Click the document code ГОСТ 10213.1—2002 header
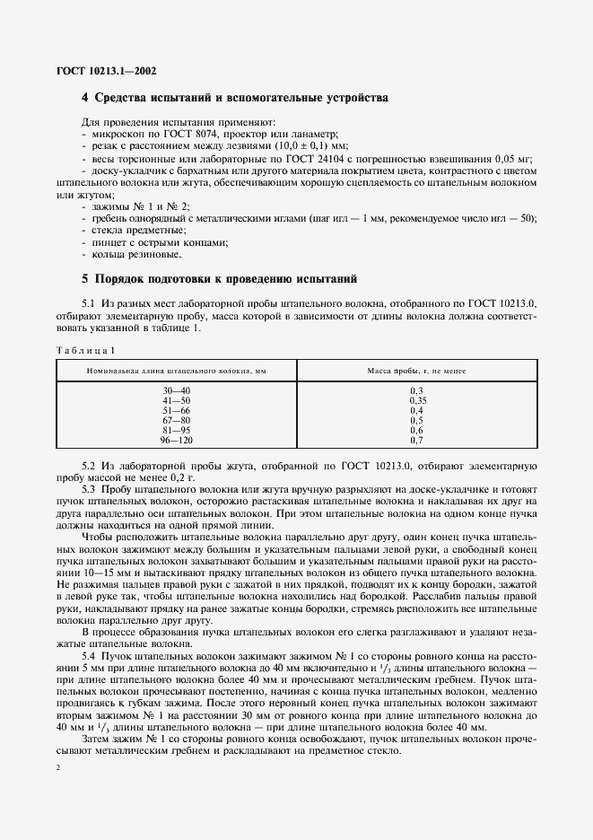click(107, 69)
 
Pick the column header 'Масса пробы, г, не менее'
click(415, 371)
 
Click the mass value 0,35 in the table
click(415, 400)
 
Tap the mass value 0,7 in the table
click(415, 441)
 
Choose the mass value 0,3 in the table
click(415, 391)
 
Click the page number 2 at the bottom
click(58, 768)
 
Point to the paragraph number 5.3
click(90, 488)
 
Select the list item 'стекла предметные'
click(129, 231)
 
